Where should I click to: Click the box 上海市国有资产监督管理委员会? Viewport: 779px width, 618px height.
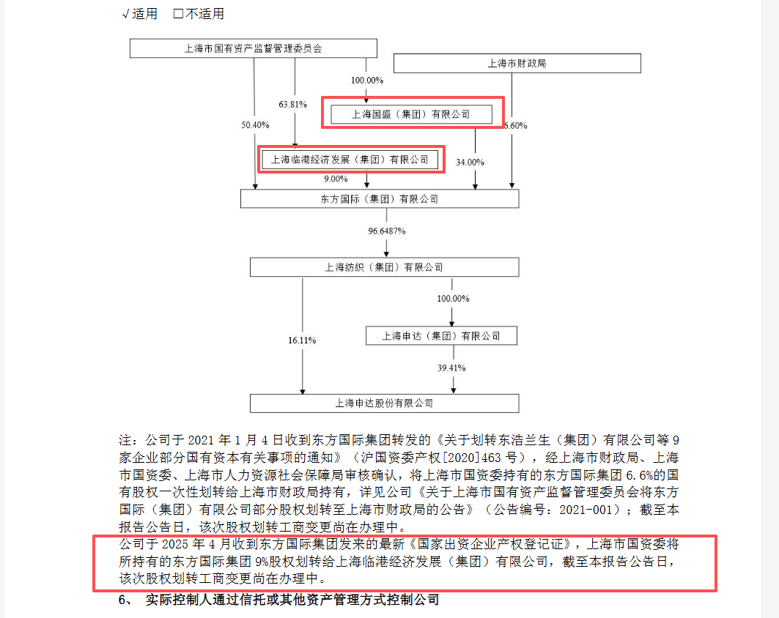click(x=254, y=48)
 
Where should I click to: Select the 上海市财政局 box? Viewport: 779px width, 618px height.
click(x=517, y=64)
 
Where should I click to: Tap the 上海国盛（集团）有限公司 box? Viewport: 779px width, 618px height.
click(x=411, y=114)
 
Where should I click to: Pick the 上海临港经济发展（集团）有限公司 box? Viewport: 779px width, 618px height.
click(x=350, y=160)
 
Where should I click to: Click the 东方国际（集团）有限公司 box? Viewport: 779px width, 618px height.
click(x=380, y=199)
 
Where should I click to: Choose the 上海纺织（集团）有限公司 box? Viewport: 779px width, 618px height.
click(x=385, y=267)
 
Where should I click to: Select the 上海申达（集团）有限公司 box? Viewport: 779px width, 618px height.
click(x=441, y=335)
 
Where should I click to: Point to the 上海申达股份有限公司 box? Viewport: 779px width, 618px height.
click(x=385, y=403)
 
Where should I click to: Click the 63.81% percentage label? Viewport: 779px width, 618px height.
click(x=292, y=104)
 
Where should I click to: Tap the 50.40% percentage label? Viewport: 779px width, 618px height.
click(x=255, y=125)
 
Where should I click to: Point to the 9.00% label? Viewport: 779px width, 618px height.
click(x=336, y=179)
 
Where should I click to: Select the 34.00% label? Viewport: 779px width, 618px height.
click(x=470, y=163)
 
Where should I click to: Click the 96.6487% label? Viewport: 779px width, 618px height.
click(x=386, y=231)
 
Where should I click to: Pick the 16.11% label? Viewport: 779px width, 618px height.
click(x=302, y=340)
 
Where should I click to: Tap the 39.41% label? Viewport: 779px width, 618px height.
click(x=451, y=368)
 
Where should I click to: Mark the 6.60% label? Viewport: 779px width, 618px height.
click(x=516, y=126)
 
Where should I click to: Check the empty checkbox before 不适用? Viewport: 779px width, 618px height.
click(x=178, y=13)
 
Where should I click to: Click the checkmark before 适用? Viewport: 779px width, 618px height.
click(x=126, y=14)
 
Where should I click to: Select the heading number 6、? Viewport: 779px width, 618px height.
click(x=126, y=600)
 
